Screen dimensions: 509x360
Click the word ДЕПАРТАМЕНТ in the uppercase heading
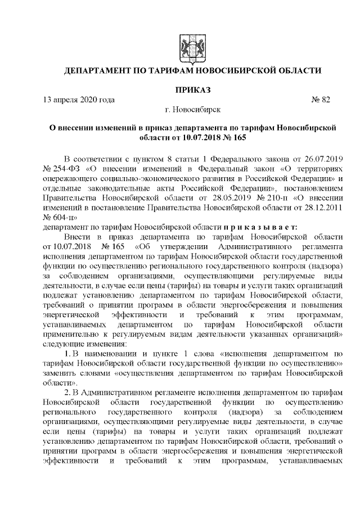click(x=98, y=71)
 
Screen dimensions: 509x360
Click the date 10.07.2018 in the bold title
click(x=195, y=137)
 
